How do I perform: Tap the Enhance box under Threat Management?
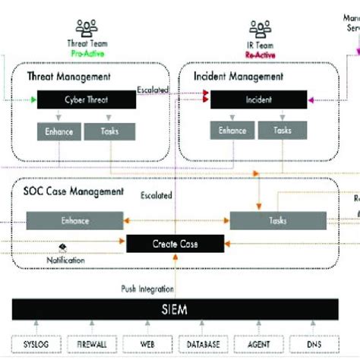pyautogui.click(x=58, y=131)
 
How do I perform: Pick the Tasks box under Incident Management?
pyautogui.click(x=283, y=131)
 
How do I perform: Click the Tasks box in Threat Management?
pyautogui.click(x=109, y=131)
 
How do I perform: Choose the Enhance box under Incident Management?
pyautogui.click(x=233, y=131)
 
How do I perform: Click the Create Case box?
pyautogui.click(x=175, y=243)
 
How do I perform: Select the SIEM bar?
pyautogui.click(x=174, y=310)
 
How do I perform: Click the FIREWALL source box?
pyautogui.click(x=90, y=344)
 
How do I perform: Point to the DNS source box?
pyautogui.click(x=312, y=344)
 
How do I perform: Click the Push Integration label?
pyautogui.click(x=147, y=289)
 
